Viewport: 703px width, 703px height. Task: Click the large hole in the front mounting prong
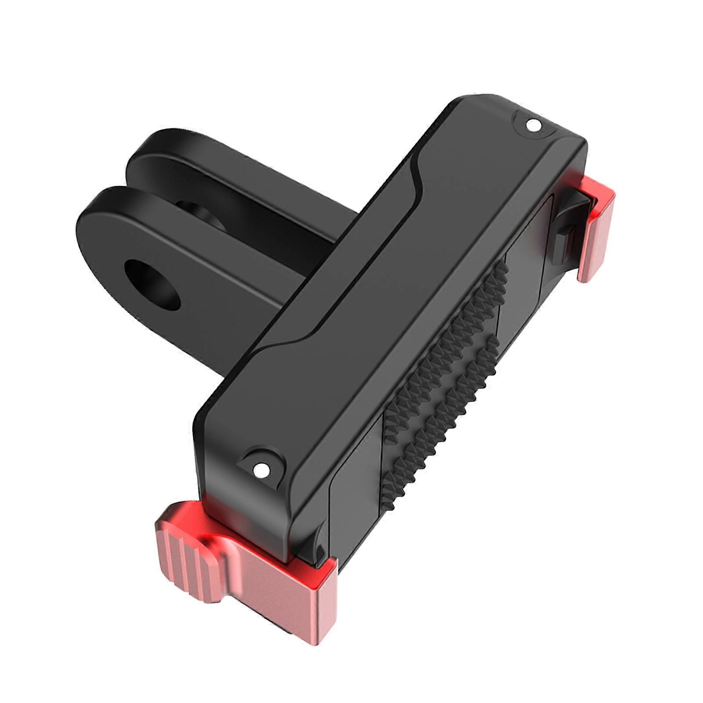coord(152,284)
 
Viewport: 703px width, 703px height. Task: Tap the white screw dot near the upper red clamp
coord(533,125)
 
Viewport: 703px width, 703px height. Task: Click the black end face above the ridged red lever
coord(246,514)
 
